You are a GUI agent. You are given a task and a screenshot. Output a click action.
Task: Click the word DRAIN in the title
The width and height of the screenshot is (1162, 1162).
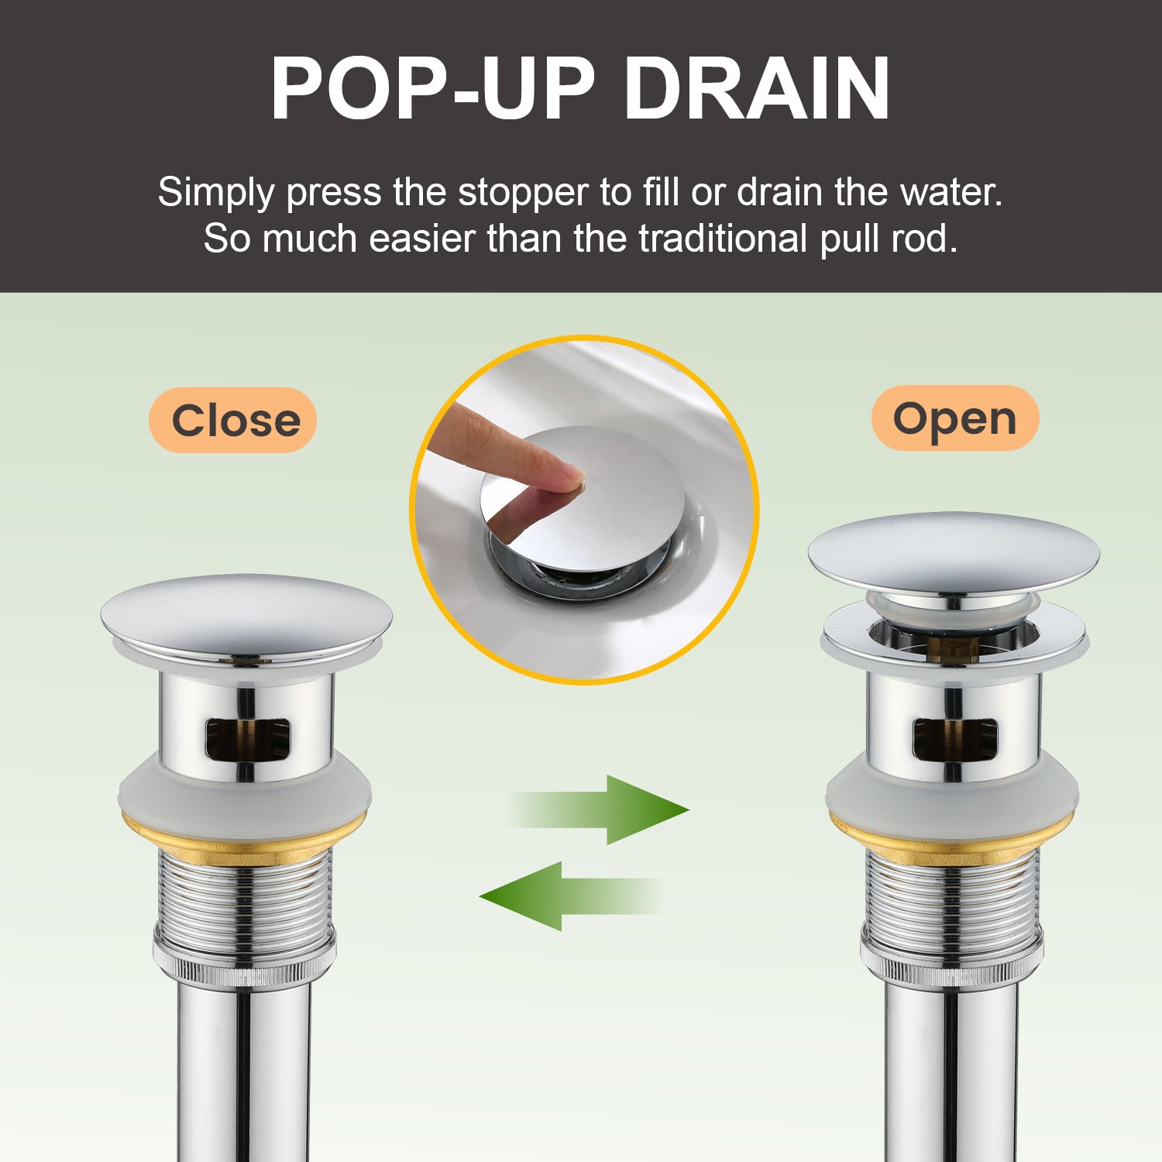click(758, 88)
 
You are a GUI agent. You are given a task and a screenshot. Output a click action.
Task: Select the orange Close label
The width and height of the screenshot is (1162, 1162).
click(233, 420)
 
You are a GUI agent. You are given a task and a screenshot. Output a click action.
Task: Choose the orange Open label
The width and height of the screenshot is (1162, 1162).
click(954, 418)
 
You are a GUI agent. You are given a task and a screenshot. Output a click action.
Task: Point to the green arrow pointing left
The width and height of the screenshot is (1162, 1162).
click(570, 896)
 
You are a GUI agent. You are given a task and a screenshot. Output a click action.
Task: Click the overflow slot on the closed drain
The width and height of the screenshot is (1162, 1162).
click(247, 739)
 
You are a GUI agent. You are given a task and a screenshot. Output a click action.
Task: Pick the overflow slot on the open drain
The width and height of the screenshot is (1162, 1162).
click(954, 738)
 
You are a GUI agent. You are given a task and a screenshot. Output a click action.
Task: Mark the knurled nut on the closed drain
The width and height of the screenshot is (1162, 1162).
click(244, 961)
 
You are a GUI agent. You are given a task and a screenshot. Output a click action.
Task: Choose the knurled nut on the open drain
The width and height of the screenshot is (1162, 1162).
click(952, 961)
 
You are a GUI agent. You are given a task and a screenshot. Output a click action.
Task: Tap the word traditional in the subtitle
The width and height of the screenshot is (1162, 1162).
click(723, 239)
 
